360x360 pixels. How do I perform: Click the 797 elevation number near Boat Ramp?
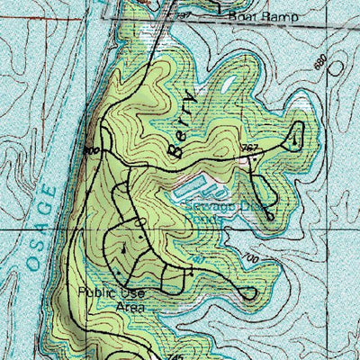pyautogui.click(x=185, y=15)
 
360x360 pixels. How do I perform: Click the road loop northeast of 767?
pyautogui.click(x=294, y=137)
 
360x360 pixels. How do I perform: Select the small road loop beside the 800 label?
pyautogui.click(x=106, y=139)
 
